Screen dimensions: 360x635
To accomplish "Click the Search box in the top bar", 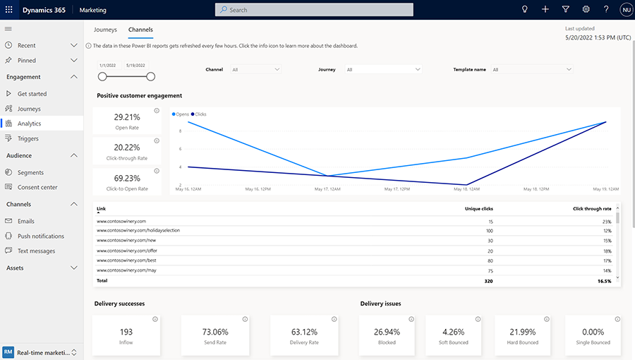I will pyautogui.click(x=314, y=10).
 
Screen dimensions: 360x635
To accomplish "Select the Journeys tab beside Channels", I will pyautogui.click(x=105, y=30).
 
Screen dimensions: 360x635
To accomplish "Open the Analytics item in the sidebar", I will pyautogui.click(x=29, y=124).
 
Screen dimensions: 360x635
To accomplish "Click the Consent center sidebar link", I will pyautogui.click(x=37, y=187).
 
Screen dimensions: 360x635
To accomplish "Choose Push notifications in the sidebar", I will pyautogui.click(x=41, y=236).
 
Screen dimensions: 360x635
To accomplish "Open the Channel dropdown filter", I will pyautogui.click(x=255, y=70).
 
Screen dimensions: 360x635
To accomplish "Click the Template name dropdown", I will pyautogui.click(x=531, y=70).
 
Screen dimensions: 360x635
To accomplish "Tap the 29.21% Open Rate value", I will pyautogui.click(x=127, y=117).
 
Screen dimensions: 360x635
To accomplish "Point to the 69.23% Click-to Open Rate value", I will pyautogui.click(x=127, y=179).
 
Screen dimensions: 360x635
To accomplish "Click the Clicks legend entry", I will pyautogui.click(x=200, y=114).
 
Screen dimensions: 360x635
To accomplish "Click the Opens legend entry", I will pyautogui.click(x=181, y=114).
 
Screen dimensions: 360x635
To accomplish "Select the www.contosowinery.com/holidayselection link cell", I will pyautogui.click(x=138, y=231).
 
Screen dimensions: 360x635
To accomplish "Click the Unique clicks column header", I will pyautogui.click(x=479, y=209).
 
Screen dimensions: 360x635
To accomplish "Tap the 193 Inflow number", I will pyautogui.click(x=127, y=332).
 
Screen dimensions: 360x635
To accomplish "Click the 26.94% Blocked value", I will pyautogui.click(x=387, y=332).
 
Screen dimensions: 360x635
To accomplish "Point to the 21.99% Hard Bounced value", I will pyautogui.click(x=523, y=332).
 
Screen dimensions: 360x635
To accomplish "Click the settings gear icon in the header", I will pyautogui.click(x=586, y=10).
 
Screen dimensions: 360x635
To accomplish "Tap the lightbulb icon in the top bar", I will pyautogui.click(x=524, y=10).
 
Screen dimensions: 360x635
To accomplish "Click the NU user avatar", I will pyautogui.click(x=625, y=10).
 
